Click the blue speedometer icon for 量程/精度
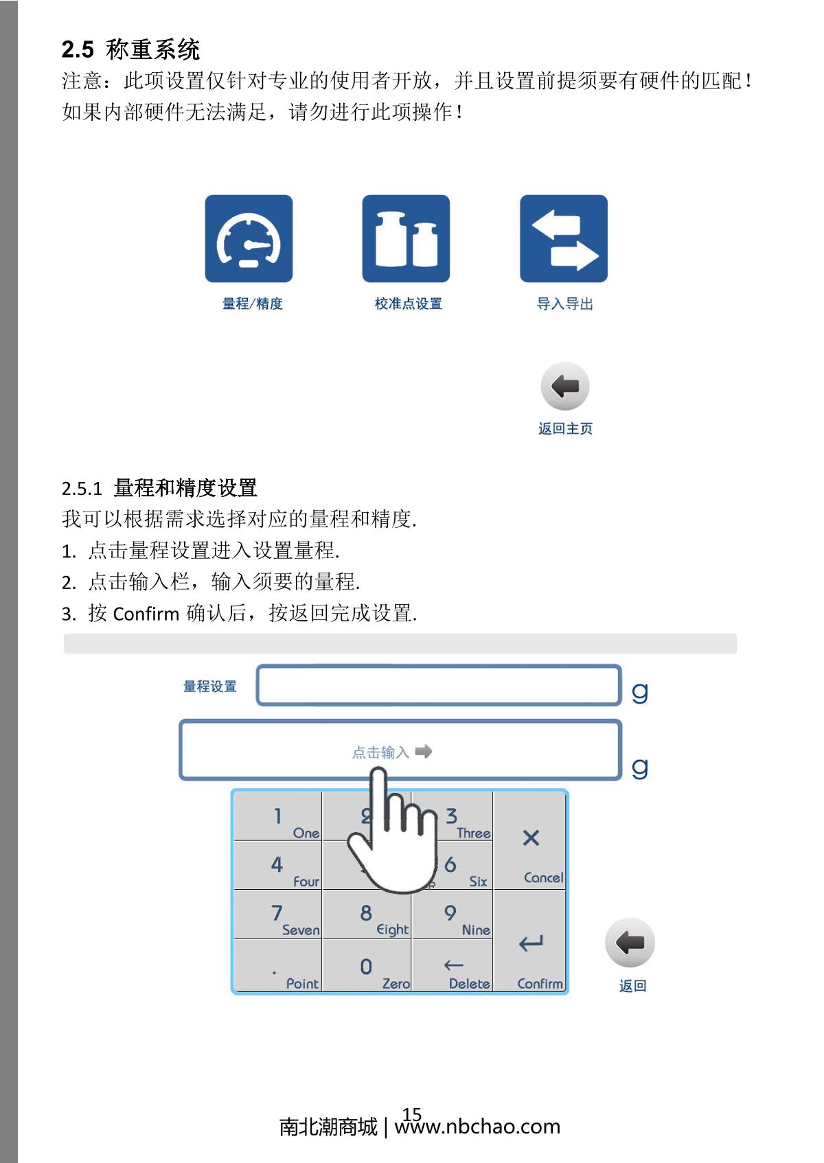click(x=249, y=238)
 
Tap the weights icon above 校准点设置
click(x=406, y=238)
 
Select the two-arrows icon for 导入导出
click(x=564, y=238)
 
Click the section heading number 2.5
click(x=78, y=49)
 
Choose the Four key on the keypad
click(x=278, y=866)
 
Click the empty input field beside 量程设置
click(x=439, y=685)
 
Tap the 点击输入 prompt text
click(x=381, y=752)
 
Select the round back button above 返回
click(x=630, y=943)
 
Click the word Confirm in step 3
click(x=146, y=614)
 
